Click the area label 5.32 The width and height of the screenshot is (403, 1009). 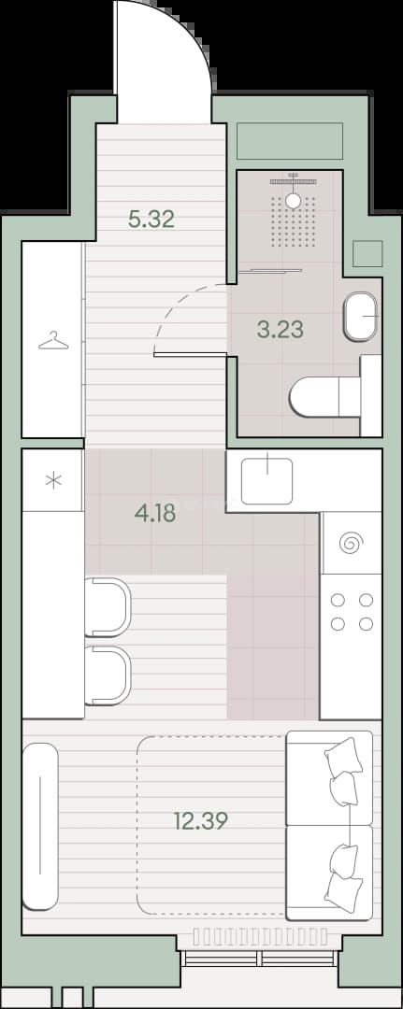coord(151,220)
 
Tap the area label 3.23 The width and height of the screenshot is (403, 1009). coord(280,330)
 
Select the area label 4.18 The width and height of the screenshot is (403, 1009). coord(154,514)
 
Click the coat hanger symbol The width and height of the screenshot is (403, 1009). coord(52,340)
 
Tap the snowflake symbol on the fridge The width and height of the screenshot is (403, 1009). coord(53,480)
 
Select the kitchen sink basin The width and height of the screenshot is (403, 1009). coord(267,480)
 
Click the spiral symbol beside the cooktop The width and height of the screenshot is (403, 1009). coord(352,543)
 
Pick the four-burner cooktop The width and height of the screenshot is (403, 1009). coord(352,611)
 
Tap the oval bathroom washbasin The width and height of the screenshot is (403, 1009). coord(361,317)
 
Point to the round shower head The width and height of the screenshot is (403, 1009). coord(293,200)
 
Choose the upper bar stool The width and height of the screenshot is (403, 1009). coord(108,607)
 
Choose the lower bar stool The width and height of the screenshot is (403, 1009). coord(108,675)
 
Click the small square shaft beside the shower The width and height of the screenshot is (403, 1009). coord(367,253)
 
